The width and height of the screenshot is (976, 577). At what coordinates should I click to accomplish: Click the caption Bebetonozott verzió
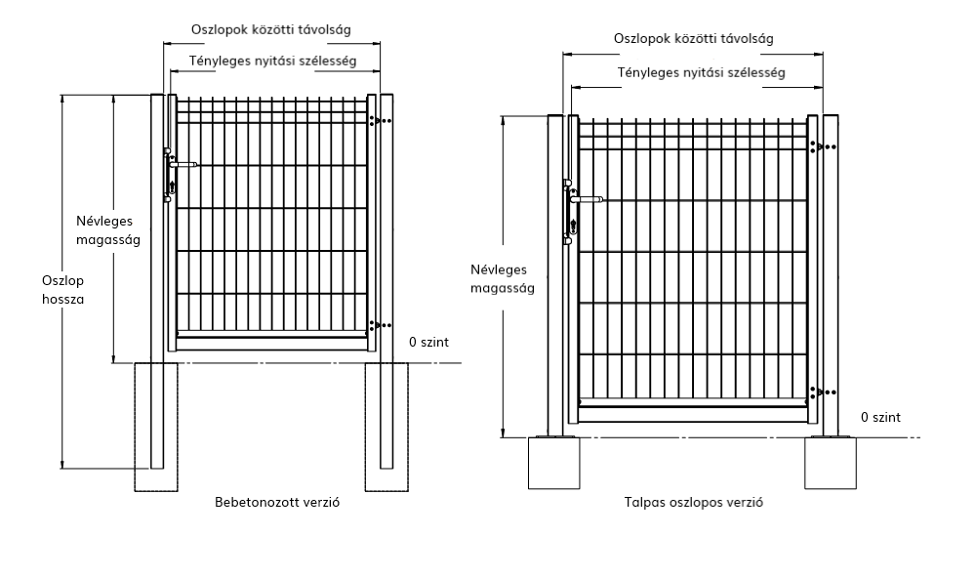point(277,502)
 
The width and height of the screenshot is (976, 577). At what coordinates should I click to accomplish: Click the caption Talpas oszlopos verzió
point(693,502)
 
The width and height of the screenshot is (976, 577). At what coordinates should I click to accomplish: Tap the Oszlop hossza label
point(62,290)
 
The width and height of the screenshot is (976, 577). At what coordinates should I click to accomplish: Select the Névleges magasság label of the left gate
point(108,230)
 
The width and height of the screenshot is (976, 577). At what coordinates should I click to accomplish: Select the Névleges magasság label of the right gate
point(503,279)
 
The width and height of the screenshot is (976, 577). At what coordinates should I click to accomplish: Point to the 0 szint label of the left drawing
point(428,342)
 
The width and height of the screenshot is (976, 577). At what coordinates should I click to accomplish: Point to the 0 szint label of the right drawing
point(880,417)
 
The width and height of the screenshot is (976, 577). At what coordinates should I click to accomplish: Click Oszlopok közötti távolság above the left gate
point(270,29)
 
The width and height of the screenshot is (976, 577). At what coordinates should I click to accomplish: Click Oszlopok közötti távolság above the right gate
point(693,39)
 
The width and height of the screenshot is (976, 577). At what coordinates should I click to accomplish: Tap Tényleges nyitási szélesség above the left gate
point(272,61)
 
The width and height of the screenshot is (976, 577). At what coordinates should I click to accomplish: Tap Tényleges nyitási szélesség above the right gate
point(701,73)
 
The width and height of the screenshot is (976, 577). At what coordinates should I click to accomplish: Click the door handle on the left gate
point(183,165)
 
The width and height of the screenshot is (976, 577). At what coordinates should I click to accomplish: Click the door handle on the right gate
point(587,200)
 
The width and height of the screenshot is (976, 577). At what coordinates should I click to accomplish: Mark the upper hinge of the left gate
point(380,121)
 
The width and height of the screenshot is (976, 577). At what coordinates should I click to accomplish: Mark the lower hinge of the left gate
point(380,325)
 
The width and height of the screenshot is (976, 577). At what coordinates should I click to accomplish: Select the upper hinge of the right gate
point(823,146)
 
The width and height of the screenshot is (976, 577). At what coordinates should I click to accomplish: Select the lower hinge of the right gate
point(823,392)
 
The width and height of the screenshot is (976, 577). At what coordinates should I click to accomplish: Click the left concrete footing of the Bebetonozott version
point(156,427)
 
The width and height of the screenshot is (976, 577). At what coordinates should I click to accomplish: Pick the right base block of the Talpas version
point(831,463)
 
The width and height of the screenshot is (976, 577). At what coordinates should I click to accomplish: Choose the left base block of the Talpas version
point(554,463)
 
